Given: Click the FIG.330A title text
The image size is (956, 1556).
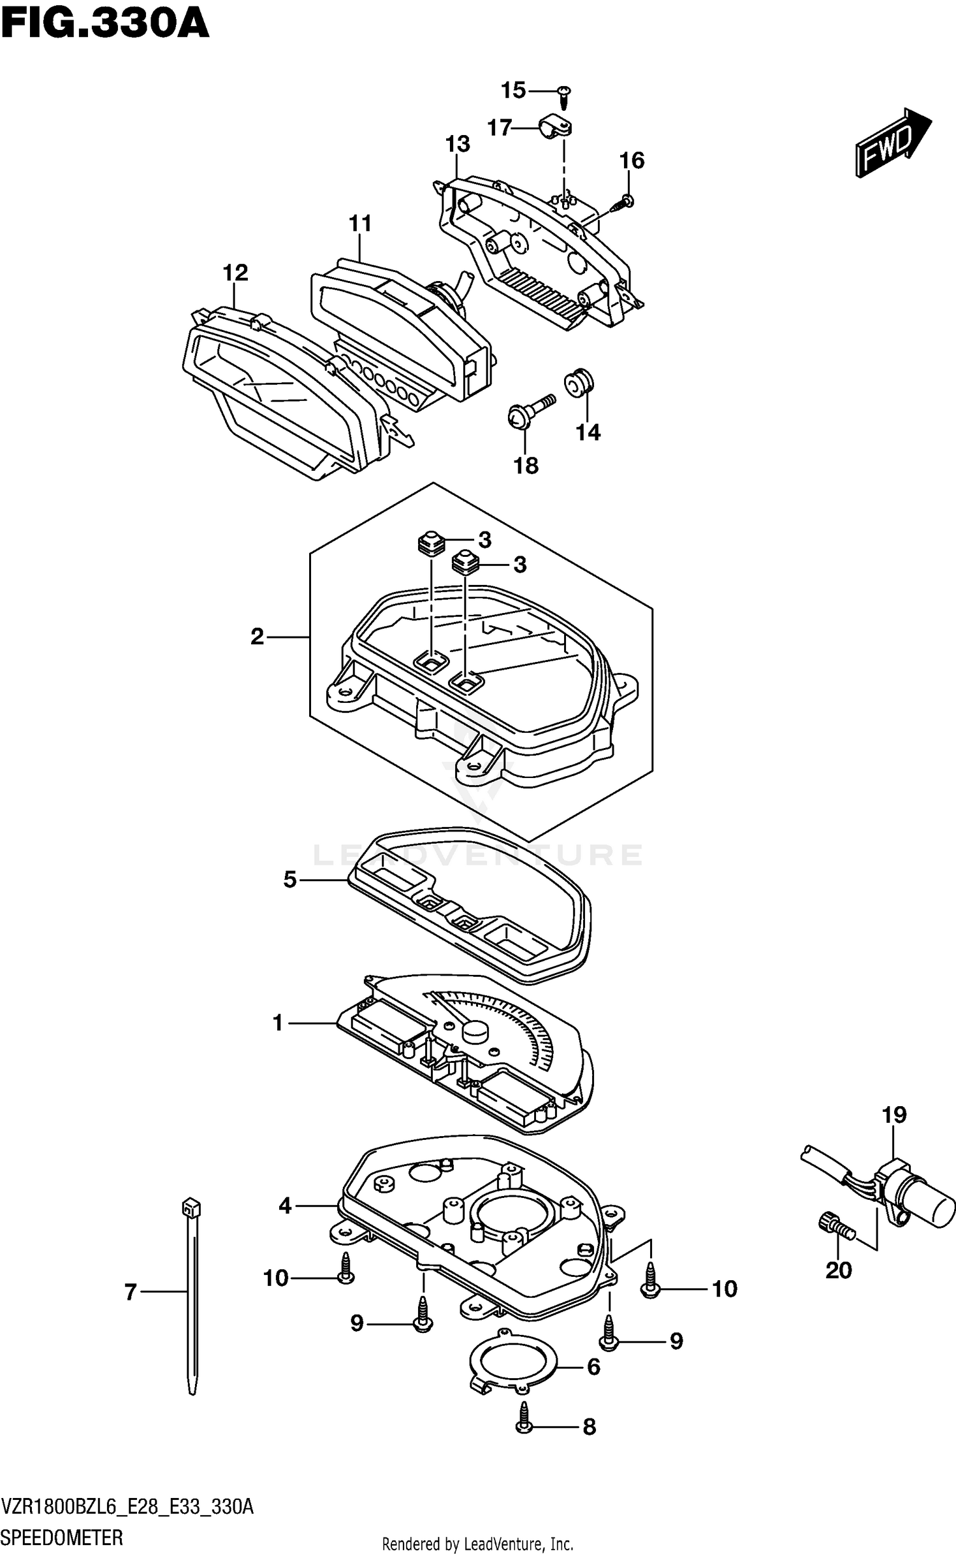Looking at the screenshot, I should [x=105, y=25].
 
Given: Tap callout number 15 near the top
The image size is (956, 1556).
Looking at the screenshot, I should [x=513, y=90].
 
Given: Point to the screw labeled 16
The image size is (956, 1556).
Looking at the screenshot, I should [x=622, y=203].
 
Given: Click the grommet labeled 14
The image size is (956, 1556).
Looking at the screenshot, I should [x=579, y=382].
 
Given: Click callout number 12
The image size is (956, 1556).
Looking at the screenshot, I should [x=235, y=273].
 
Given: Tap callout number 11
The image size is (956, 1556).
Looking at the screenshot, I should [x=360, y=224].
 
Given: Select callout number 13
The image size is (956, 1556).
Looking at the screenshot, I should [x=458, y=145].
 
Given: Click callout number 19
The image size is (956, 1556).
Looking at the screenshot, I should [x=894, y=1115].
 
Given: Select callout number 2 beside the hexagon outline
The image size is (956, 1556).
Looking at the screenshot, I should [x=257, y=636].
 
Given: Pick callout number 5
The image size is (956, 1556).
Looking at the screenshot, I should [x=290, y=880].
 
